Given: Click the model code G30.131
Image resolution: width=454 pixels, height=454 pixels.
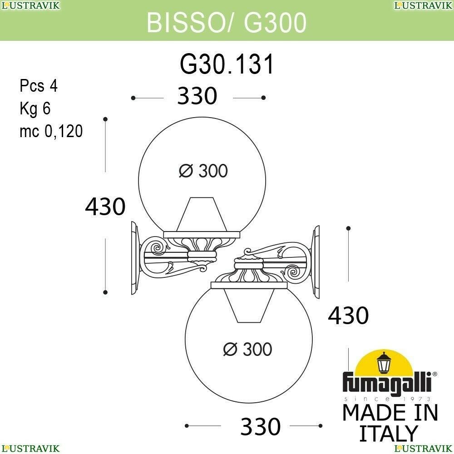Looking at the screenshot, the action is tap(227, 64).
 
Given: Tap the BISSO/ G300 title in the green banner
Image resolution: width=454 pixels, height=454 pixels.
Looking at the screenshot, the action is tap(227, 22).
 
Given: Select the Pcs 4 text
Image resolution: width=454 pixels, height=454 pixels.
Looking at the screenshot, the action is tap(39, 86).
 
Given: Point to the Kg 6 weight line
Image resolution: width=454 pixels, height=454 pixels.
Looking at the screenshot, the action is tap(35, 109).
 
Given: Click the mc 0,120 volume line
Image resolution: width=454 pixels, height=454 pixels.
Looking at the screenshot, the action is tap(51, 131).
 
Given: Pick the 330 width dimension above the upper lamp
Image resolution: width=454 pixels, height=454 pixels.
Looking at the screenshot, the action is tap(197, 95).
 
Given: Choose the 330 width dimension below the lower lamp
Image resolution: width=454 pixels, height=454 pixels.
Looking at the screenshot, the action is tap(261, 426).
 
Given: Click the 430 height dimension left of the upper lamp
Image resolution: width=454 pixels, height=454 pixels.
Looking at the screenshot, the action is tap(105, 207).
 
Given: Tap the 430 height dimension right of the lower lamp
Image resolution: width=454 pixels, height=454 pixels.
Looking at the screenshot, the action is tap(348, 315).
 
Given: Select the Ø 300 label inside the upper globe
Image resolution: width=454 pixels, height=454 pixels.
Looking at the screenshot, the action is tap(203, 171).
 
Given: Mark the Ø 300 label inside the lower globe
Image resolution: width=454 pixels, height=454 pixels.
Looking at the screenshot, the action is tap(248, 349).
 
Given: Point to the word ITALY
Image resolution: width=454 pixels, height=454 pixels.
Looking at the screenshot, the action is tap(389, 433).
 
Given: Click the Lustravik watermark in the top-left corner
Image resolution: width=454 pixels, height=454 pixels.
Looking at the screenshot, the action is tap(30, 5).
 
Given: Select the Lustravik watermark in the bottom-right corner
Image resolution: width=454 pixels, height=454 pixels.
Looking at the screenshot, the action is tap(424, 449).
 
